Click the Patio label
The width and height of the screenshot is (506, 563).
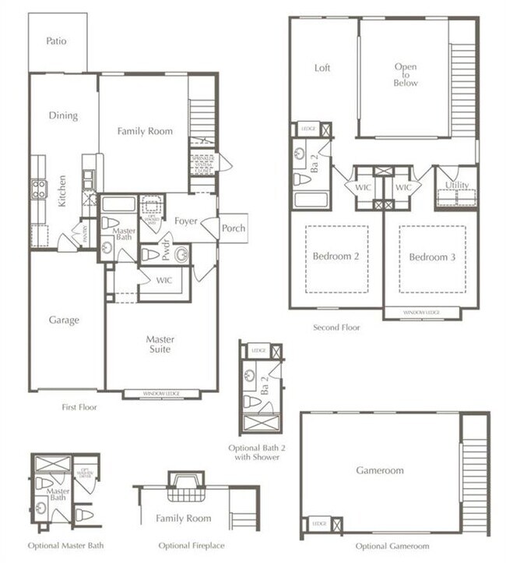(x=55, y=41)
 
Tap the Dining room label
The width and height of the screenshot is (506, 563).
(x=64, y=115)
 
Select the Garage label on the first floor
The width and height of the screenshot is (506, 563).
(x=64, y=320)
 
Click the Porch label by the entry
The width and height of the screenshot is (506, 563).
(x=234, y=228)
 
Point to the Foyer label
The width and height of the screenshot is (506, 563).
(x=185, y=221)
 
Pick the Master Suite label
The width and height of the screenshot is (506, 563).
(x=160, y=345)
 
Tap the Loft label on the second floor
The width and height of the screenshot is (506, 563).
(x=322, y=68)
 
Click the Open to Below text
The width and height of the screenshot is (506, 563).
(x=406, y=75)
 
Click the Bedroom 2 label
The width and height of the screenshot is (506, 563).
(x=336, y=257)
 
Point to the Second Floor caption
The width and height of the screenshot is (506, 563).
(x=336, y=328)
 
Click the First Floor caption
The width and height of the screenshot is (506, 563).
(x=79, y=407)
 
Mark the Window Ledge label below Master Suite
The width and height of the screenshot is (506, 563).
(x=161, y=394)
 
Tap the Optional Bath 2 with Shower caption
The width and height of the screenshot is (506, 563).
(x=260, y=452)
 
